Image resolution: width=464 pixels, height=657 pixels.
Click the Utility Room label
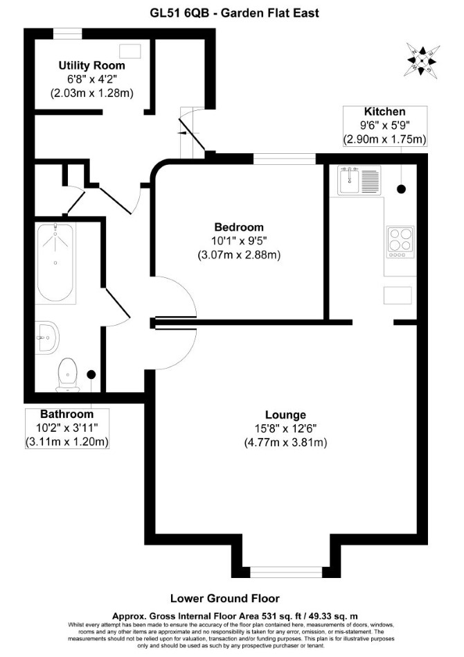pyautogui.click(x=91, y=65)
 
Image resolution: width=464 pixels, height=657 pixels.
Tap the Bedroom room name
pyautogui.click(x=239, y=227)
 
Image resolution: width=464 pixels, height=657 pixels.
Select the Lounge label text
pyautogui.click(x=285, y=415)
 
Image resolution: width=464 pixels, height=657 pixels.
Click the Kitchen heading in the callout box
pyautogui.click(x=385, y=112)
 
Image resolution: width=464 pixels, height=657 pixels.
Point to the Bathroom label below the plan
pyautogui.click(x=67, y=414)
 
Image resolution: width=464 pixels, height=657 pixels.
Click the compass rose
pyautogui.click(x=421, y=61)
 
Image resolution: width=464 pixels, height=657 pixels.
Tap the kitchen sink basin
pyautogui.click(x=349, y=181)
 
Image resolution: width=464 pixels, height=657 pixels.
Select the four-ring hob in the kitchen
pyautogui.click(x=401, y=242)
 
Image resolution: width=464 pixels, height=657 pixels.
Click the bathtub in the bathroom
pyautogui.click(x=55, y=263)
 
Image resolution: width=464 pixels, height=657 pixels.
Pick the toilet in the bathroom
pyautogui.click(x=68, y=375)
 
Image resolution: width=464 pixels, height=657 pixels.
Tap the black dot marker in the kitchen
pyautogui.click(x=401, y=189)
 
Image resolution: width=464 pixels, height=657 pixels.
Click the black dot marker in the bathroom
pyautogui.click(x=91, y=374)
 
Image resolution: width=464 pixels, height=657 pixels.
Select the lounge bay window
pyautogui.click(x=287, y=572)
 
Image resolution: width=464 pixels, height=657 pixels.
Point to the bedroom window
pyautogui.click(x=285, y=159)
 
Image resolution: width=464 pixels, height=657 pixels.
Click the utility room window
pyautogui.click(x=68, y=34)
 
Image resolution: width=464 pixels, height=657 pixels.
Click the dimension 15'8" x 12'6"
pyautogui.click(x=285, y=428)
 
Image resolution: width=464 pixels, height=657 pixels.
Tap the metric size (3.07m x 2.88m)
pyautogui.click(x=239, y=255)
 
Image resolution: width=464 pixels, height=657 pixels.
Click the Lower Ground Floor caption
pyautogui.click(x=225, y=598)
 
